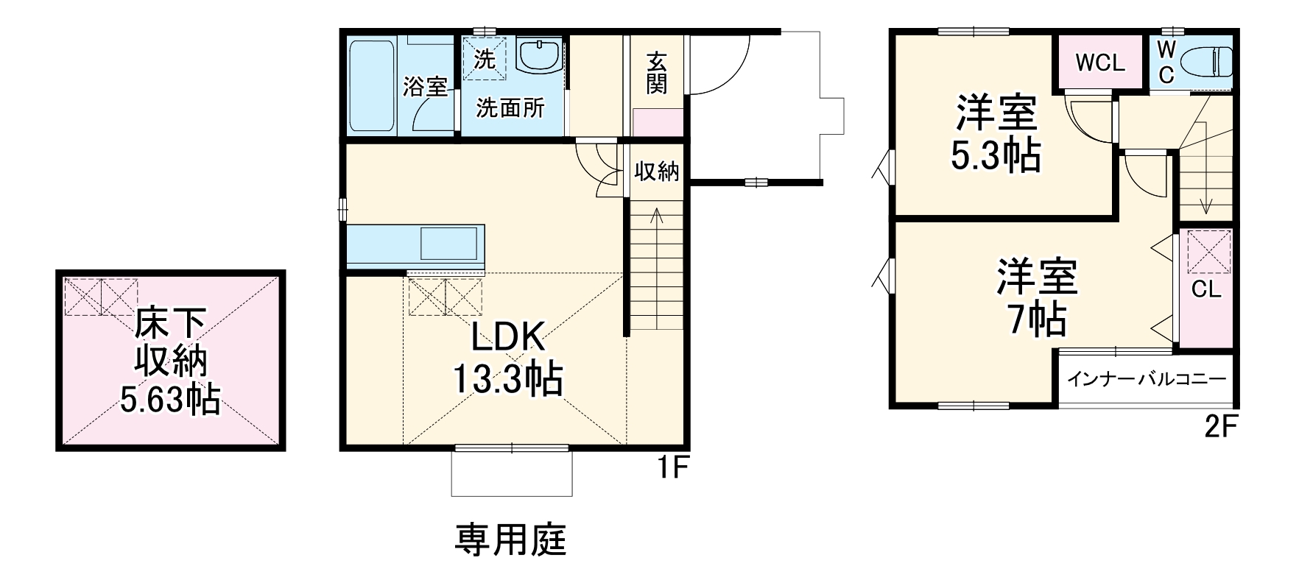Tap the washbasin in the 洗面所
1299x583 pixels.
540,55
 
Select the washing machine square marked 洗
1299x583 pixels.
485,58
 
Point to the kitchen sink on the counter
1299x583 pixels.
449,243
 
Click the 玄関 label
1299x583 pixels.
657,72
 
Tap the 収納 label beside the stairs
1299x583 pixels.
657,172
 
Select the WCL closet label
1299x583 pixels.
1100,63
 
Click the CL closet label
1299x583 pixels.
1206,289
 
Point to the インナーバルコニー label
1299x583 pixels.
1147,380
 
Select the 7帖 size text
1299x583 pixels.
1038,319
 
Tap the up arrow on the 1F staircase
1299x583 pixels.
657,216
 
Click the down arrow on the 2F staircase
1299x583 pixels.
1205,205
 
